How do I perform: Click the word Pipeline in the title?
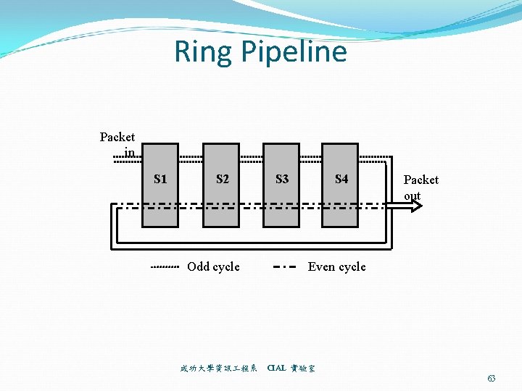(x=294, y=53)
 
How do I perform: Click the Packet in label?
(x=117, y=144)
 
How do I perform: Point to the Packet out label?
(x=420, y=187)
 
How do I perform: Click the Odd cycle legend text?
(x=213, y=266)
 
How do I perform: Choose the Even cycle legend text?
(x=336, y=266)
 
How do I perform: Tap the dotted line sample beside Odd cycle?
(x=165, y=267)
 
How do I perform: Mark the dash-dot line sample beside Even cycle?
(x=285, y=267)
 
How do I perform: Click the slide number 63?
(x=492, y=379)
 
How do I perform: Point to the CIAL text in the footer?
(x=276, y=368)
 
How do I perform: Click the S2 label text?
(x=222, y=179)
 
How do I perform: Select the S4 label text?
(x=341, y=179)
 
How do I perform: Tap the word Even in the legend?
(x=321, y=266)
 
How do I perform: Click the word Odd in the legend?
(x=199, y=266)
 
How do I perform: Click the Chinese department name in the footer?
(x=219, y=368)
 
